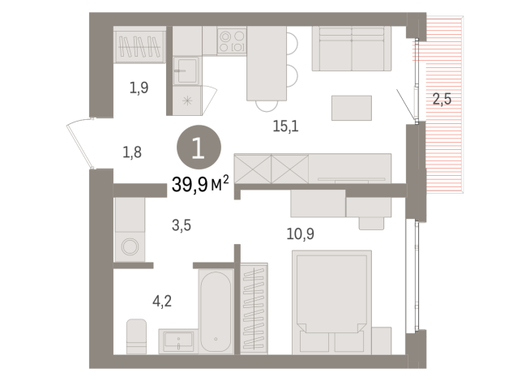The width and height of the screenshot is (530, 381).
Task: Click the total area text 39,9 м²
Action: coord(199,186)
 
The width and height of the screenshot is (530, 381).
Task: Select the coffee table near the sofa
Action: coord(351,108)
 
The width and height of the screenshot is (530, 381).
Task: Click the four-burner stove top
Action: coord(232,41)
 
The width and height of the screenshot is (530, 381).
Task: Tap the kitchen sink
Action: coord(186,71)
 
